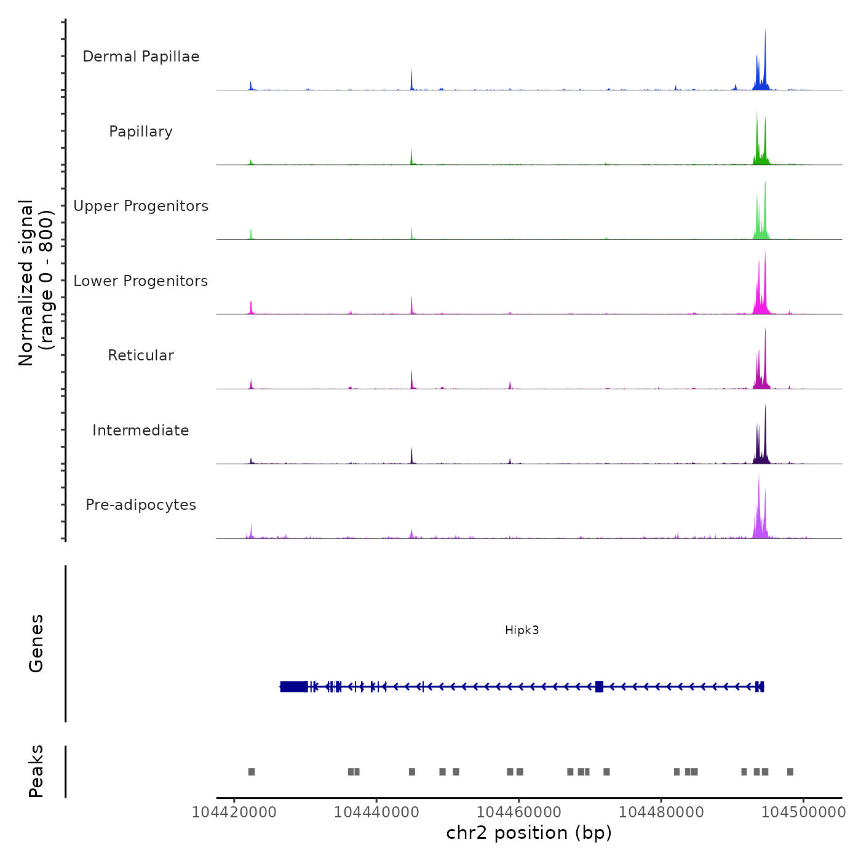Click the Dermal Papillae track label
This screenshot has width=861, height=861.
click(x=141, y=57)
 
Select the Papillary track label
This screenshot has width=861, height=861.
click(x=141, y=132)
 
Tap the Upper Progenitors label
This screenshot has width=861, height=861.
click(x=141, y=206)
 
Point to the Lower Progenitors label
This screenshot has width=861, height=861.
click(x=141, y=281)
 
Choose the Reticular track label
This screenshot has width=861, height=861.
click(x=141, y=355)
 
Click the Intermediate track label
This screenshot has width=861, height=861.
click(x=141, y=430)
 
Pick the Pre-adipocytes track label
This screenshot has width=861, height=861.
click(x=141, y=505)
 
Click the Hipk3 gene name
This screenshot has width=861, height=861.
click(x=522, y=630)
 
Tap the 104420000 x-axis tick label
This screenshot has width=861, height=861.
click(x=234, y=812)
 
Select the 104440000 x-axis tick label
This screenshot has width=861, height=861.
click(x=376, y=812)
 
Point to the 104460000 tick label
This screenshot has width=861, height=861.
click(x=519, y=812)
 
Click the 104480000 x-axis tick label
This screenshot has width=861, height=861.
click(x=661, y=812)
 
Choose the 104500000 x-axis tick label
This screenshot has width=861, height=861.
click(x=803, y=812)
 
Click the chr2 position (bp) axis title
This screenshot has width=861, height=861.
click(x=529, y=833)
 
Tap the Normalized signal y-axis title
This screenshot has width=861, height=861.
click(x=36, y=283)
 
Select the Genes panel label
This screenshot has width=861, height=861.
click(x=36, y=643)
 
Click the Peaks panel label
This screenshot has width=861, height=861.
click(x=36, y=771)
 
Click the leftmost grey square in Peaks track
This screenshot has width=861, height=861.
click(x=252, y=772)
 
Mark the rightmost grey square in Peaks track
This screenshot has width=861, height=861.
click(x=790, y=772)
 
